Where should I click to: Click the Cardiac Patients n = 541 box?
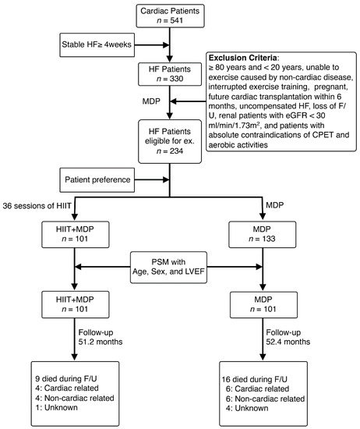click(x=170, y=16)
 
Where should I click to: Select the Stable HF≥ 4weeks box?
click(x=97, y=45)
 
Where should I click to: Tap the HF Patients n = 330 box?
click(x=170, y=74)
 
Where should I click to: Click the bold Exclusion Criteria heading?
click(x=243, y=58)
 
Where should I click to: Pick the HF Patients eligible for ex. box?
click(x=170, y=141)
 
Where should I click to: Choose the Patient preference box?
click(x=97, y=180)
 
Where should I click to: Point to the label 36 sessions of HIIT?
click(x=37, y=206)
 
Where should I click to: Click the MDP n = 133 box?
click(x=262, y=235)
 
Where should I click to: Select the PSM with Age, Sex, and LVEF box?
click(x=168, y=267)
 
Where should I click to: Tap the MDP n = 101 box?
click(x=263, y=304)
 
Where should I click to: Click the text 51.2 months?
click(x=101, y=342)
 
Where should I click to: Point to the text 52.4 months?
click(x=288, y=342)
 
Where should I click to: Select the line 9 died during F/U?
click(x=66, y=378)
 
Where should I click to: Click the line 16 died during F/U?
click(x=255, y=379)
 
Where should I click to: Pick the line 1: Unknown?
click(x=56, y=407)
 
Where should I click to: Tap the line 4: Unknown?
click(x=247, y=408)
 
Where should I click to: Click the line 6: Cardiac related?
click(x=257, y=388)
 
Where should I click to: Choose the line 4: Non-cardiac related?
click(x=75, y=398)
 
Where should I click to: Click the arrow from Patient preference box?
click(x=152, y=179)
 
